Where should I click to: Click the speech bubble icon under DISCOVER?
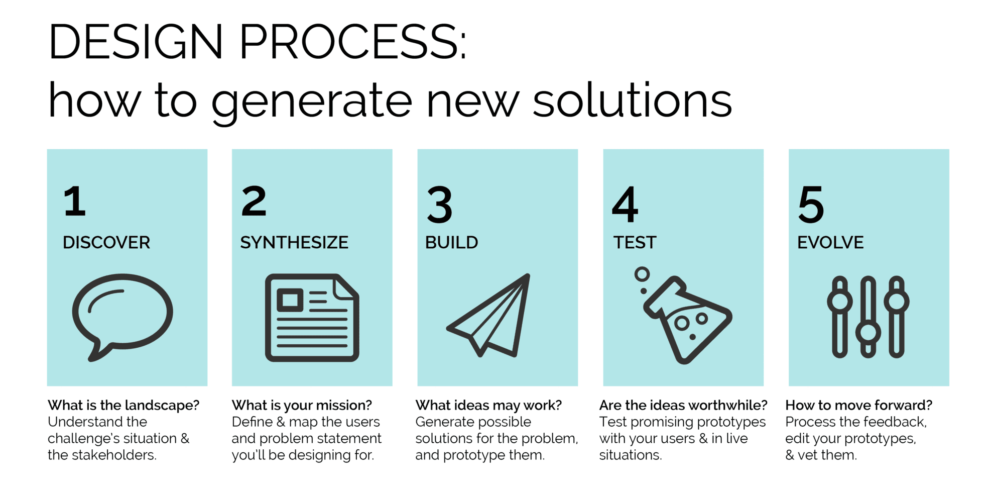coord(122,314)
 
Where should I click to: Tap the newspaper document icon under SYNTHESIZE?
coord(312,318)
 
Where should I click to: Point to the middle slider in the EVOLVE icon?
coord(868,317)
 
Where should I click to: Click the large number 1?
coord(75,202)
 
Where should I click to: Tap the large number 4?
coord(625,205)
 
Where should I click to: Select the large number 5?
coord(811,205)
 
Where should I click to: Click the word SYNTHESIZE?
coord(294,243)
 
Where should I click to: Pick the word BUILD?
coord(451,243)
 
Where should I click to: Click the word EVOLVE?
coord(830,243)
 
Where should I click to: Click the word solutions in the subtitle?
coord(632,101)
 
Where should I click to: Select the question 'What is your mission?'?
coord(302,405)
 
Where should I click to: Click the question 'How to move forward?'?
coord(858,405)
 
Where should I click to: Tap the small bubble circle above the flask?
coord(642,274)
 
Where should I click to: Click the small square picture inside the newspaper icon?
coord(290,300)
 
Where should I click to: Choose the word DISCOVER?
coord(106,243)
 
